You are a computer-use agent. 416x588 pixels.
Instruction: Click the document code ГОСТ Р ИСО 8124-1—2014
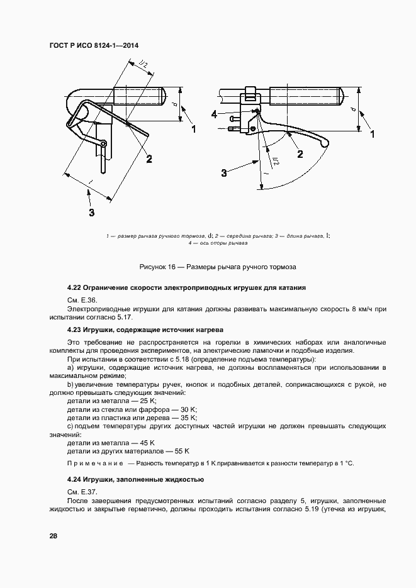click(x=93, y=46)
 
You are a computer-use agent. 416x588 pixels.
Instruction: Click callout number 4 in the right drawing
click(x=214, y=114)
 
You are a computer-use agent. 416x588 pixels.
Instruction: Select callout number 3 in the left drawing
click(x=92, y=213)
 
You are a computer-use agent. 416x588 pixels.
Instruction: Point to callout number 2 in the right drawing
click(x=300, y=154)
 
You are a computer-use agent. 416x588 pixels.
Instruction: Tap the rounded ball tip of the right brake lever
click(x=324, y=144)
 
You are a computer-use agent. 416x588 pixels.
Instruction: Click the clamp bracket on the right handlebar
click(x=250, y=96)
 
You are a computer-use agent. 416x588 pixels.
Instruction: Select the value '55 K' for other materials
click(x=182, y=451)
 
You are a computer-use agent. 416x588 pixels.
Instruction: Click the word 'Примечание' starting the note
click(x=95, y=463)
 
